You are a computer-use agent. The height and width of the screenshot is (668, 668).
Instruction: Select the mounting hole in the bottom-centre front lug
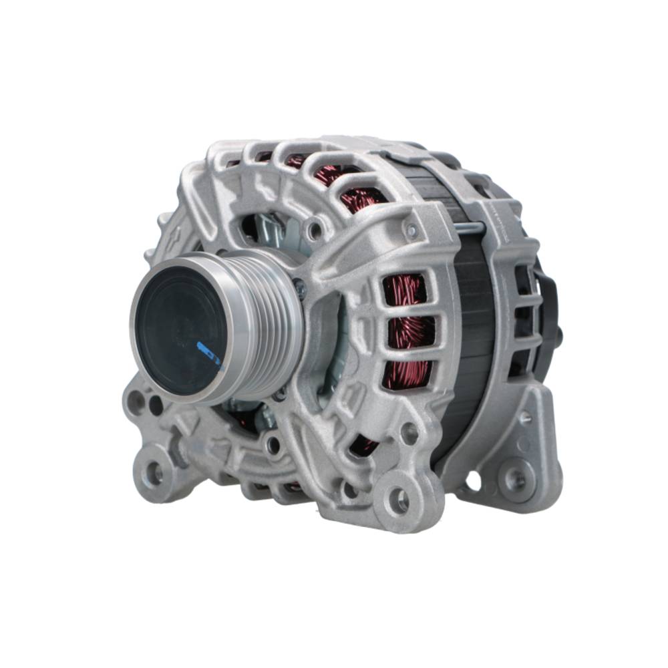tap(399, 500)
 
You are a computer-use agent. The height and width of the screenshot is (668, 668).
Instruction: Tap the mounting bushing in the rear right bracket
tap(515, 478)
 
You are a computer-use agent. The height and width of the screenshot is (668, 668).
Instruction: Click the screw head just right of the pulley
tap(300, 289)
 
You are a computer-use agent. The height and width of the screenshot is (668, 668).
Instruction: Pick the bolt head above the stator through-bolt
tap(412, 231)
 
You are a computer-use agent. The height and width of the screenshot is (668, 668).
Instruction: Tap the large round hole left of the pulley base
tap(138, 401)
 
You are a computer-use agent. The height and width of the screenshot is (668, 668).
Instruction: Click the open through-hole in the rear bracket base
tap(473, 480)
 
